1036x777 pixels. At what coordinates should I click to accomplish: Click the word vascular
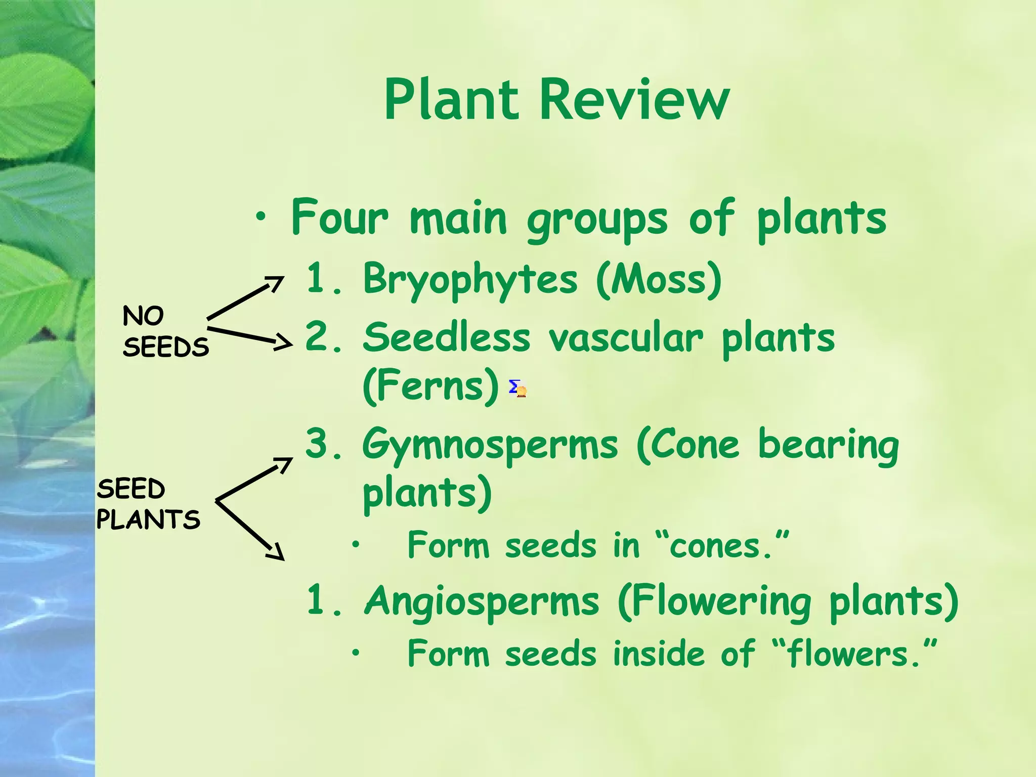[626, 338]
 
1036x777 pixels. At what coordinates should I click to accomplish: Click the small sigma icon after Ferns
[517, 388]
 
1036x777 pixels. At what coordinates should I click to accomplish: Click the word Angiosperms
[482, 602]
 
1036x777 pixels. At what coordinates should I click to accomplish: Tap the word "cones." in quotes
[728, 546]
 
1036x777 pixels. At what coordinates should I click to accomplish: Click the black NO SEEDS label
[165, 332]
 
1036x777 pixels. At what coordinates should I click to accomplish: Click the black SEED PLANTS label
[148, 504]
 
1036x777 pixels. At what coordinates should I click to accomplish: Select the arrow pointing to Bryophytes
[246, 298]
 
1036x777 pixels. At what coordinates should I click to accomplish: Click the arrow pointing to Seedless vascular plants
[250, 337]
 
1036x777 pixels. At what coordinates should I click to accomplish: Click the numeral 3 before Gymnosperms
[318, 443]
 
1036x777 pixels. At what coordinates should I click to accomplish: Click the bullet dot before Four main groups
[261, 218]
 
